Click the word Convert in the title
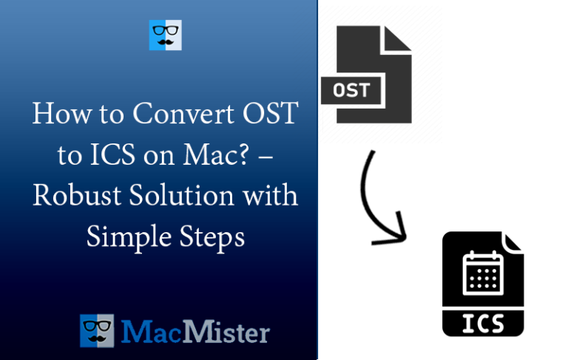pos(174,115)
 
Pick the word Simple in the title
pos(123,237)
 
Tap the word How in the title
pos(55,115)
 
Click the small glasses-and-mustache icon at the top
pos(165,35)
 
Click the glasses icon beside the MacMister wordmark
pos(98,331)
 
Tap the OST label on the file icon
pos(351,92)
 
